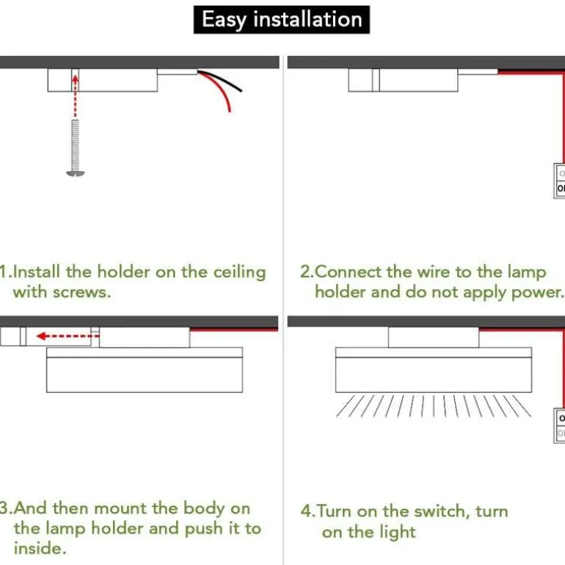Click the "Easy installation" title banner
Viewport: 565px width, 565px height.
tap(282, 20)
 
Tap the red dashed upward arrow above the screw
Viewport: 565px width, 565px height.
tap(74, 95)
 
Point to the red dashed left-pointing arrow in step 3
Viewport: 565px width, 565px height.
tap(65, 336)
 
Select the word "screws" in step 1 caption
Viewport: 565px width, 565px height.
tap(81, 291)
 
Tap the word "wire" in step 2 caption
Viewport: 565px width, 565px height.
tap(434, 271)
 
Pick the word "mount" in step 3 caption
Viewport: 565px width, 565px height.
tap(121, 508)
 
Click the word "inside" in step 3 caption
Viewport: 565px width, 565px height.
tap(39, 547)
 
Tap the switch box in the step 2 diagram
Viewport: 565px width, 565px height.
tap(559, 181)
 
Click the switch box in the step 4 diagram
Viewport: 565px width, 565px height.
tap(559, 426)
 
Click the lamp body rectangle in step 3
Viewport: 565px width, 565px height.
tap(145, 373)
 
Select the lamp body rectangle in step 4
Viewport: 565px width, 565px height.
tap(433, 373)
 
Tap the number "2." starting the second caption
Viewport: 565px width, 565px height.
tap(307, 271)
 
